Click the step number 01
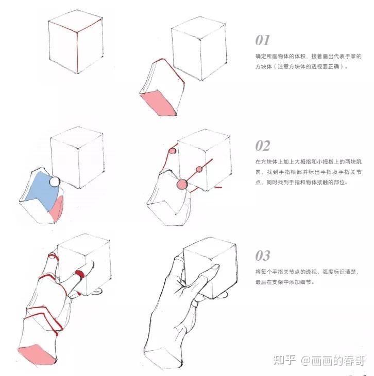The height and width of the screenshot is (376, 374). coord(262,40)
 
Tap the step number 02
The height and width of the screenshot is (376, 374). coord(263,146)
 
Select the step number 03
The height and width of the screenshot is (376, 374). coord(263,256)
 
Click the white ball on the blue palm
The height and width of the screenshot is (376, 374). coord(55,181)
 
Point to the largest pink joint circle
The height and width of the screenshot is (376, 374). coord(182,185)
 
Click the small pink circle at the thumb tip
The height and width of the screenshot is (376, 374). coord(173,151)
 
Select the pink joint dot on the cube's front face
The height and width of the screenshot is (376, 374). coord(199,170)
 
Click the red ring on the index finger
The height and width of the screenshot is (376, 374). coord(79,274)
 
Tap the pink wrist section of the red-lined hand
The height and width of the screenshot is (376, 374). coord(37,355)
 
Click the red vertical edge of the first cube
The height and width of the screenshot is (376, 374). coord(77,52)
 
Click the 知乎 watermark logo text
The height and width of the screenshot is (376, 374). coord(284,361)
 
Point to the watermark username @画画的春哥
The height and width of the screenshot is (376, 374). coord(333,361)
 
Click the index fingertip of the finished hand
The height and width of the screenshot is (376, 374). coord(217,266)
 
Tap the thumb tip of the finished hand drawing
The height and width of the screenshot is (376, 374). coord(178,259)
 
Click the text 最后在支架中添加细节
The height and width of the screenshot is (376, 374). coord(285,282)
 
